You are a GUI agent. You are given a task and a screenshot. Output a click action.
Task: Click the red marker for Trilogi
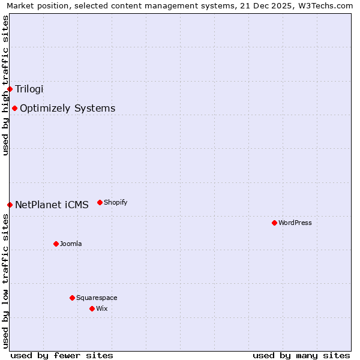pos(10,89)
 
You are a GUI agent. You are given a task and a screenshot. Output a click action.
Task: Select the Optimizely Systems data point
pos(14,108)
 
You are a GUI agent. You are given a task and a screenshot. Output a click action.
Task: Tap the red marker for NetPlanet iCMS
pos(10,205)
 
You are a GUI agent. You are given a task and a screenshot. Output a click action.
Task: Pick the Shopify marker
pos(100,202)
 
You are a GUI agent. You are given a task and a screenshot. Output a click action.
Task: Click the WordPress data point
pos(274,223)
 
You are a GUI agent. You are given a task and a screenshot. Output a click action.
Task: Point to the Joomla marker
pos(56,244)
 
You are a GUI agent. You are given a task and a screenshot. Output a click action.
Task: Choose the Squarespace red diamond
pos(72,298)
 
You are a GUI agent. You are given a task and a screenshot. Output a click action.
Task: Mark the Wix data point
pos(92,308)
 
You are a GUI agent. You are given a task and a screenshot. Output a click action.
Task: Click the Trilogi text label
pos(29,89)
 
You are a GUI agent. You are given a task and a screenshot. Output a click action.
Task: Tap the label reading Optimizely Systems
pos(68,108)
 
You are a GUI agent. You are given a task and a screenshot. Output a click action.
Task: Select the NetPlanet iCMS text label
pos(52,205)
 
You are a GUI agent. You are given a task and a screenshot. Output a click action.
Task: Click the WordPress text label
pos(295,223)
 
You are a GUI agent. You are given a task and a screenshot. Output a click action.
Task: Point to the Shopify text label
pos(116,202)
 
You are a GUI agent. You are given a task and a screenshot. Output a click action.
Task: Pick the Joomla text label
pos(71,244)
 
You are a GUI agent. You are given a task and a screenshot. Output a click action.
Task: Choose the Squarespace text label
pos(97,298)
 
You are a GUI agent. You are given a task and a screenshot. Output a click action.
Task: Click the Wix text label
pos(102,308)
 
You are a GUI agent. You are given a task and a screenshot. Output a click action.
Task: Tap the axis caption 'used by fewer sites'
pos(62,355)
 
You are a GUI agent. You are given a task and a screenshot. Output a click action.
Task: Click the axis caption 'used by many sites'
pos(301,355)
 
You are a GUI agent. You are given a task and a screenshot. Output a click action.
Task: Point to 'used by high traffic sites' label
pos(6,85)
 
